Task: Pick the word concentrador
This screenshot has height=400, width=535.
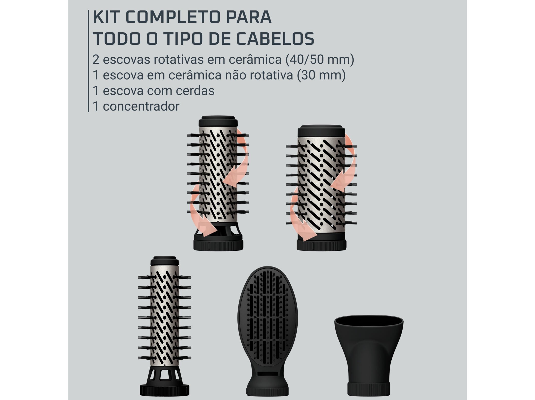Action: click(141, 106)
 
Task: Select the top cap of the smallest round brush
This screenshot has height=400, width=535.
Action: click(165, 261)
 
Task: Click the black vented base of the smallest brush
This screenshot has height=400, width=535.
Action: click(165, 381)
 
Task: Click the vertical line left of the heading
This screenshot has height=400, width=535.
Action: click(89, 61)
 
